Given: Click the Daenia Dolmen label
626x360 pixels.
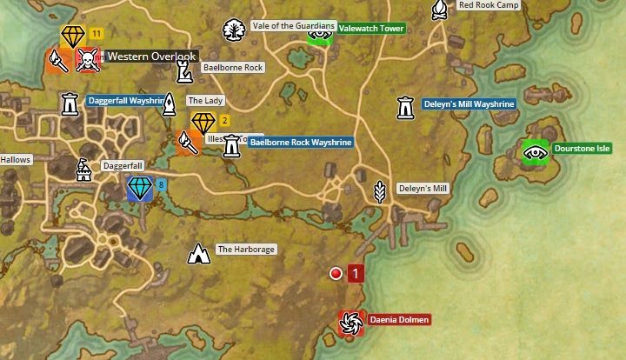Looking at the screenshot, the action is (x=399, y=320).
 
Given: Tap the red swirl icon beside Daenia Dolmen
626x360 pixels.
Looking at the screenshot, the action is (x=351, y=323).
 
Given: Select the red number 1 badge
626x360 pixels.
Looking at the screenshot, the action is (x=355, y=274).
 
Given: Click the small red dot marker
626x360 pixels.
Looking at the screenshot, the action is (x=336, y=274).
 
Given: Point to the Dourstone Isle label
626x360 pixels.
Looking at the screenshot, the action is (x=582, y=149).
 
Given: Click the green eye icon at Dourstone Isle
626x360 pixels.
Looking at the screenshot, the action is (x=535, y=152).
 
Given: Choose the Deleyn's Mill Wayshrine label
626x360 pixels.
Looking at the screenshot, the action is (x=469, y=103).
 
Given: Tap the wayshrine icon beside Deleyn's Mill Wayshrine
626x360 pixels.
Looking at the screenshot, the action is (x=404, y=107).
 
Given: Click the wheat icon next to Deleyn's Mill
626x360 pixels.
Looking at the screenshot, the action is (x=379, y=189).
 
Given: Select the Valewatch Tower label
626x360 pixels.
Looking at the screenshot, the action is (x=370, y=29).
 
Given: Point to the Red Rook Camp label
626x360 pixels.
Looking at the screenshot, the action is (x=489, y=5).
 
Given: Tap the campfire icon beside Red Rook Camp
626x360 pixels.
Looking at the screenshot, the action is (x=440, y=10).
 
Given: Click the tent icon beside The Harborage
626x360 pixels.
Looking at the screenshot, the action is (x=200, y=253).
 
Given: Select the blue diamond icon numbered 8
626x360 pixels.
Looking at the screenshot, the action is (x=139, y=188).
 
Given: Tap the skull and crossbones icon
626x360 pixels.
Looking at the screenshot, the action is (x=87, y=59).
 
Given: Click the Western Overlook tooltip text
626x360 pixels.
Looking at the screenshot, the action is (x=151, y=57).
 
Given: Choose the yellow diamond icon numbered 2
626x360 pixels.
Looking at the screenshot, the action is (x=203, y=123).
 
